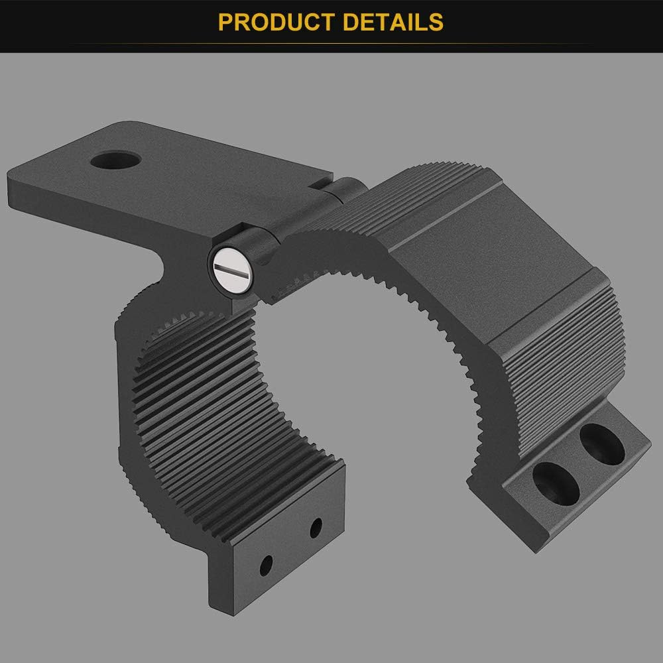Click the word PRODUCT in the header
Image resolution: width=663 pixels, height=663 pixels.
coord(278,22)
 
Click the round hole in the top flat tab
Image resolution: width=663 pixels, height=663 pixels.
coord(116,160)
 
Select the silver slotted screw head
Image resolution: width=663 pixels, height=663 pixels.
coord(232,269)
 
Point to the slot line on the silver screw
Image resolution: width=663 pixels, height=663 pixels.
coord(232,269)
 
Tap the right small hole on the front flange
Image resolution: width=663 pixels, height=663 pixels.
coord(316,528)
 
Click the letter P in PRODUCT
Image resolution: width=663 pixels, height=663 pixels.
coord(226,22)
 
